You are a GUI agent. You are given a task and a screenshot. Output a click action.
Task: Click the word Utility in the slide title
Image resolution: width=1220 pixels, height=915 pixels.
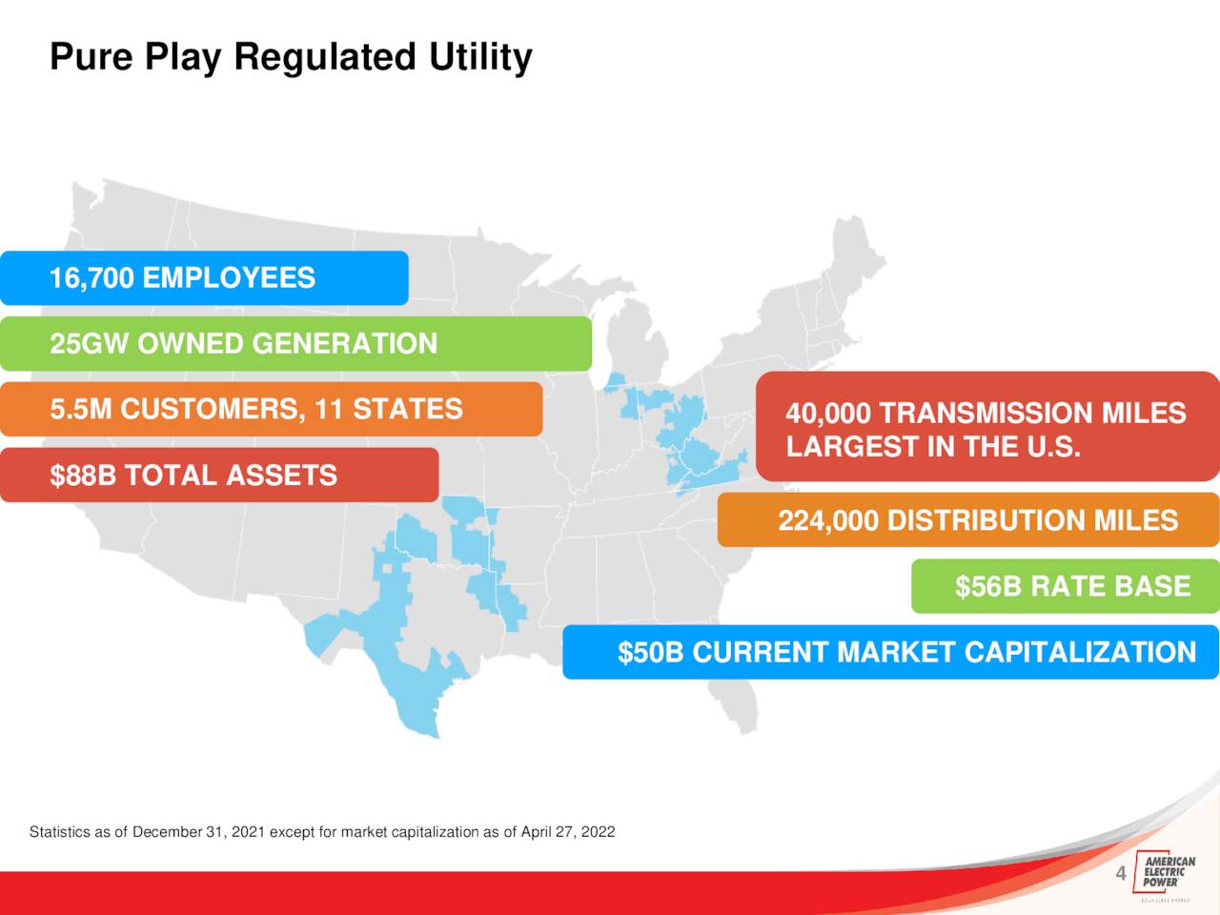(x=480, y=58)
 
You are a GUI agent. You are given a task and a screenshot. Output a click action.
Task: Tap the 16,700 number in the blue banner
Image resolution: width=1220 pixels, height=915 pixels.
(x=91, y=277)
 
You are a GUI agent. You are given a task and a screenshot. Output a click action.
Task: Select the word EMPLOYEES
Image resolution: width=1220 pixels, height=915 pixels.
(x=229, y=277)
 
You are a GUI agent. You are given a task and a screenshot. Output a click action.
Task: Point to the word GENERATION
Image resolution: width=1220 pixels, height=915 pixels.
(x=345, y=343)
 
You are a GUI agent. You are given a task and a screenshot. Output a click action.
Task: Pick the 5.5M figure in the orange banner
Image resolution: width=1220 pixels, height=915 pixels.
(x=81, y=408)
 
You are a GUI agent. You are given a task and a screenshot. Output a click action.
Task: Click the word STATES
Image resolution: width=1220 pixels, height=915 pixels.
(x=407, y=408)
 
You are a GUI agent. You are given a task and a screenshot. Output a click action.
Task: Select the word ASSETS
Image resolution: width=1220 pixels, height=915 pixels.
(x=281, y=475)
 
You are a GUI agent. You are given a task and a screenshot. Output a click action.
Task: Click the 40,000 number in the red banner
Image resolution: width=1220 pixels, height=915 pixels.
(x=828, y=414)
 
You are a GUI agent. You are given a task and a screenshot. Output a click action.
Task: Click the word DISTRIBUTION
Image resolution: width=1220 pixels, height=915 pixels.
(x=986, y=520)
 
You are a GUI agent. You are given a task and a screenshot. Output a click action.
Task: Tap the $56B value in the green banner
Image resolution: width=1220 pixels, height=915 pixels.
(x=988, y=586)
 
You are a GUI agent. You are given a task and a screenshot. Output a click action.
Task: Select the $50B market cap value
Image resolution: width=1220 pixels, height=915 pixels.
(x=650, y=652)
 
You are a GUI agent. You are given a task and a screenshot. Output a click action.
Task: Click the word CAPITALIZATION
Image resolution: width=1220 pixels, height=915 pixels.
(x=1080, y=652)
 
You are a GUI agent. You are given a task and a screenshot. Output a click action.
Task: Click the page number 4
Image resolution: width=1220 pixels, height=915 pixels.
(x=1121, y=873)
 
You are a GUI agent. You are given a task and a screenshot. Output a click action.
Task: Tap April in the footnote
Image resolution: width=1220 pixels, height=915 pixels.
(x=534, y=832)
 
